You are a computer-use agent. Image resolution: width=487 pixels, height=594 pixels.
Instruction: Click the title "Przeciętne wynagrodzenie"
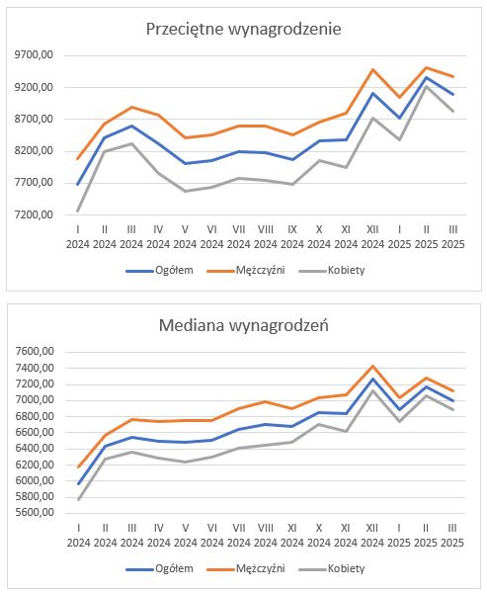tap(243, 30)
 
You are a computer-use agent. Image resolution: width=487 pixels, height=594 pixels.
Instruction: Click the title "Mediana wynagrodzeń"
tap(243, 325)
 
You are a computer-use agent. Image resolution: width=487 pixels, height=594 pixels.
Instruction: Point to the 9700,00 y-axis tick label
tap(34, 55)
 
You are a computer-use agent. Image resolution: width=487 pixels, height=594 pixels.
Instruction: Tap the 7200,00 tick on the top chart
tap(34, 214)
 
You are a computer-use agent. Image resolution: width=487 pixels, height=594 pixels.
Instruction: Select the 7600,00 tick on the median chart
tap(35, 352)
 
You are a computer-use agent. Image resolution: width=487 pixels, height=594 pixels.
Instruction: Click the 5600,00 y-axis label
tap(35, 513)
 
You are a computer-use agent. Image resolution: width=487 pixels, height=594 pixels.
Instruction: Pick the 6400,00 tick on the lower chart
tap(35, 448)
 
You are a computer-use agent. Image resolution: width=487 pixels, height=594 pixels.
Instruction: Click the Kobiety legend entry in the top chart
tap(332, 271)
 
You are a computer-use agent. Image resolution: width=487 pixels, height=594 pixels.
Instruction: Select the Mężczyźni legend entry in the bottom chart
tap(246, 568)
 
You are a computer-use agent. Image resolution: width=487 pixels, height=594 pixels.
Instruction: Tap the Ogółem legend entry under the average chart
tap(160, 271)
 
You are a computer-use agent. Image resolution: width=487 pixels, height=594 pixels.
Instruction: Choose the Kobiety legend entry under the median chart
tap(332, 568)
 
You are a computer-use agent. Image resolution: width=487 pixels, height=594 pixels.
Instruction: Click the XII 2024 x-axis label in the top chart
tap(372, 237)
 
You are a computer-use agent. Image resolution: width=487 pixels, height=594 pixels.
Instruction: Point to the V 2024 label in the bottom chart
tap(186, 536)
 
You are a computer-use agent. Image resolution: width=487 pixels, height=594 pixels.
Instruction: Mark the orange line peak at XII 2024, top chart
tap(372, 70)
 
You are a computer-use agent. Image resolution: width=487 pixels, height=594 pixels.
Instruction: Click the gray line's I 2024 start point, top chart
tap(78, 211)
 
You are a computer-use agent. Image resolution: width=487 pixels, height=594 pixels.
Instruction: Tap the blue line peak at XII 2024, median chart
tap(372, 379)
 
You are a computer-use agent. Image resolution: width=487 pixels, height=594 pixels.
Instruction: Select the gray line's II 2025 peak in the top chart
tap(427, 86)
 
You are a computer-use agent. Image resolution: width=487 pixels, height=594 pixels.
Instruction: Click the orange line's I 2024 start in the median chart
tap(78, 467)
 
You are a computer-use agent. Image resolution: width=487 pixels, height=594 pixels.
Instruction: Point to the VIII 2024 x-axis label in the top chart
tap(266, 237)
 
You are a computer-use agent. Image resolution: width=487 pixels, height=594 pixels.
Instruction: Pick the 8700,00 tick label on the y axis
tap(34, 119)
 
